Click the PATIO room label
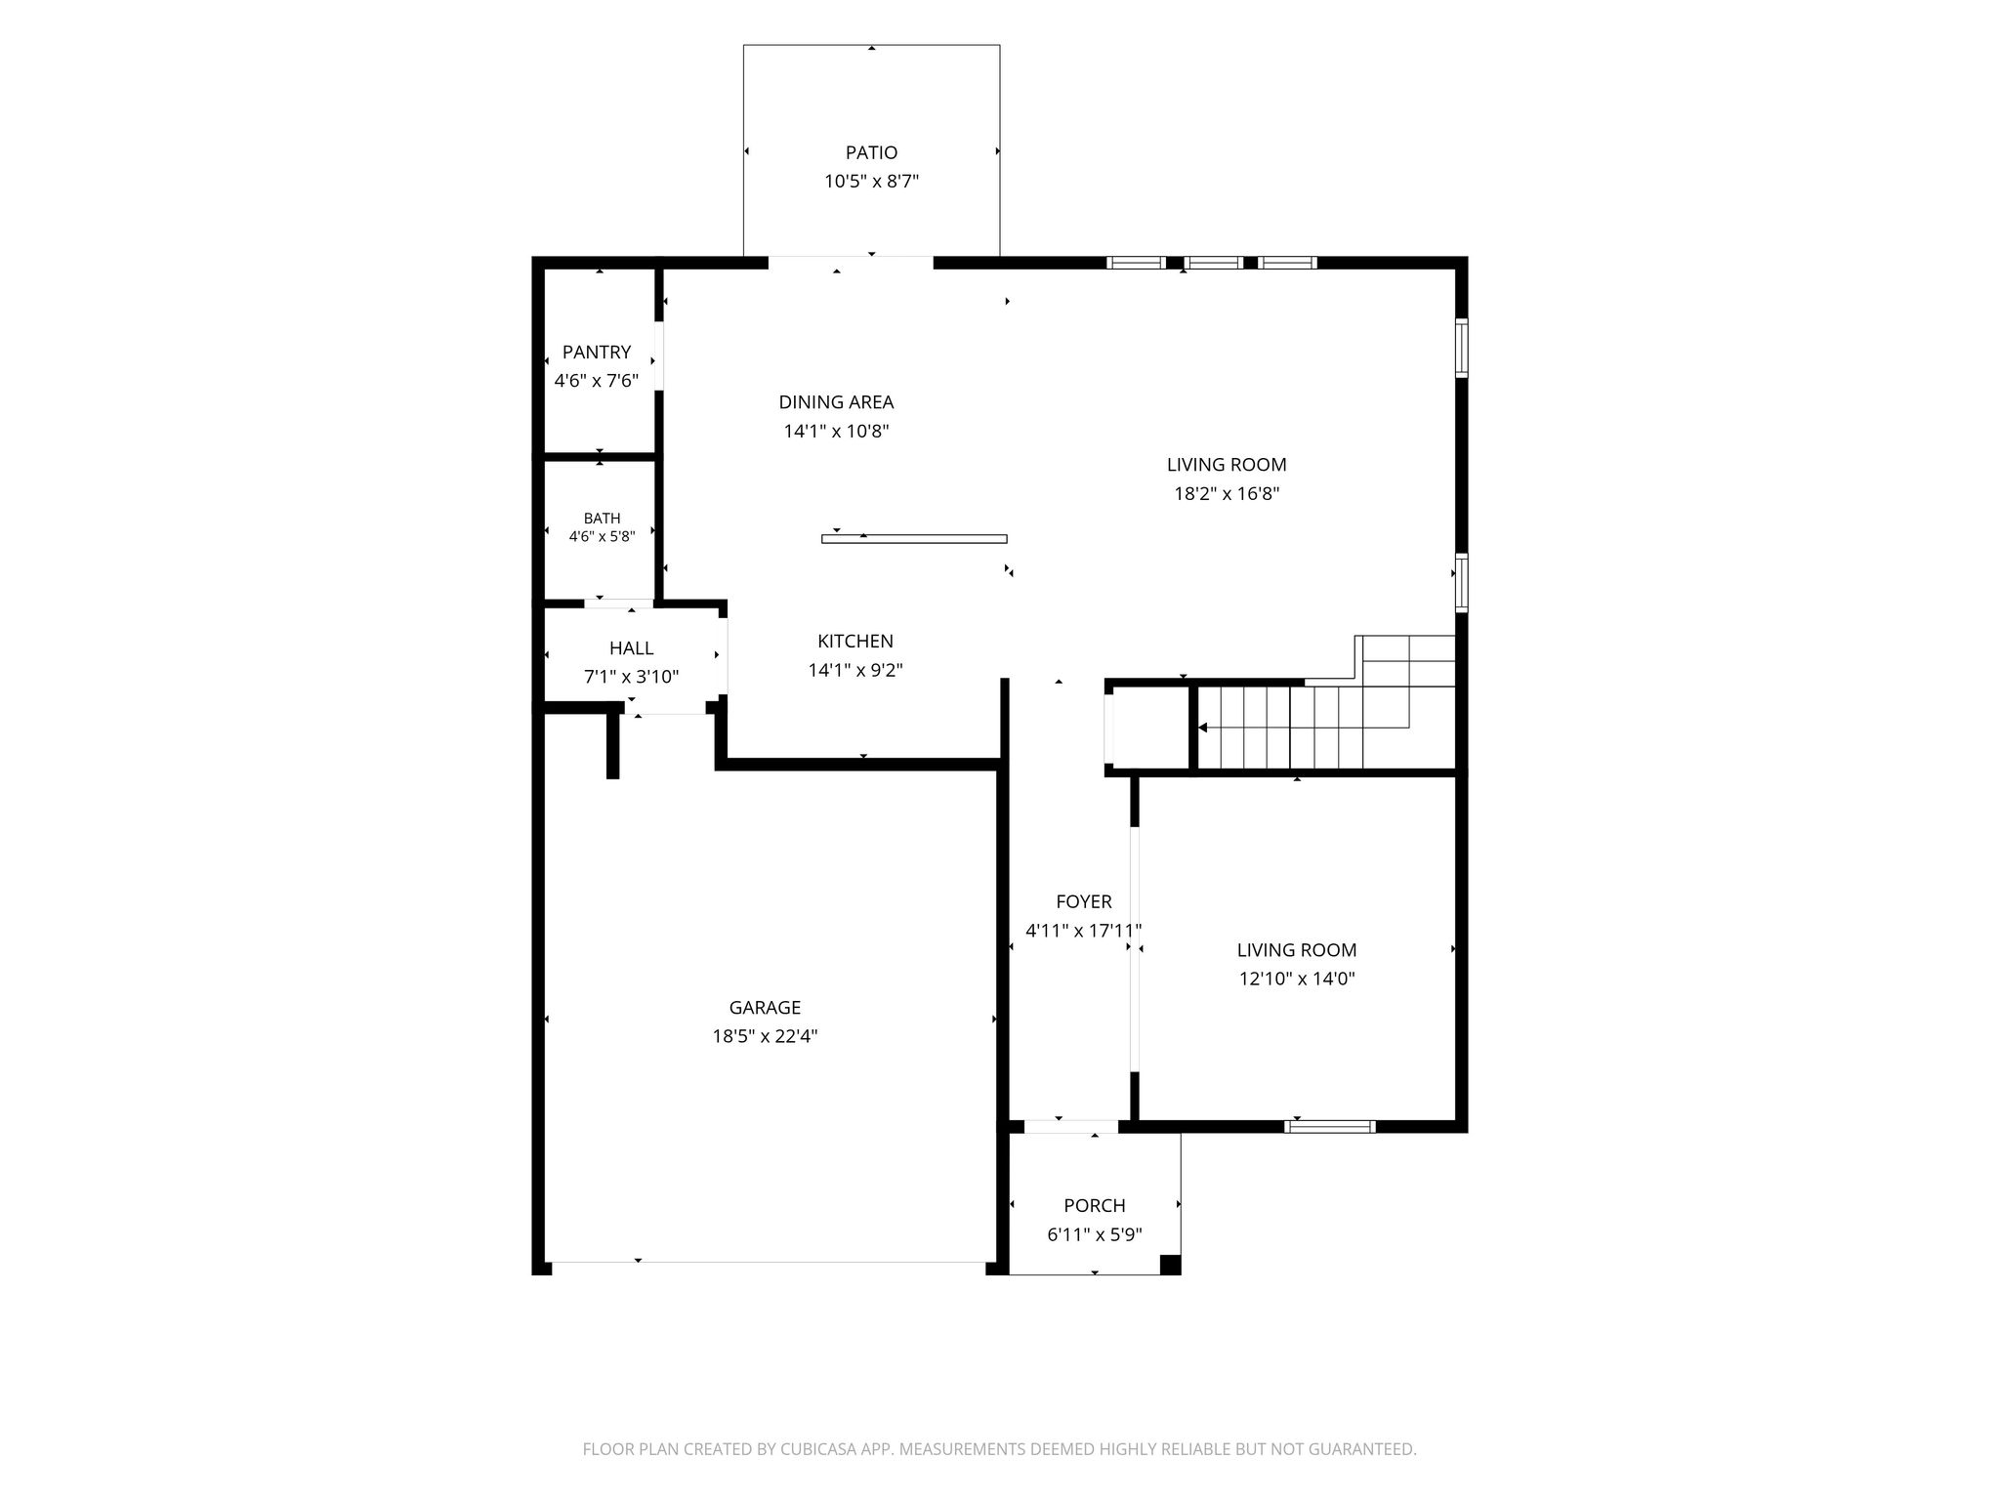[x=871, y=152]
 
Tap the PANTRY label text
[x=597, y=352]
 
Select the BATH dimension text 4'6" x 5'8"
[x=602, y=535]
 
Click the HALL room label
[x=631, y=647]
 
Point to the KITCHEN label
[x=855, y=641]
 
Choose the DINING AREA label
[x=836, y=401]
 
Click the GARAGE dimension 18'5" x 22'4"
[x=765, y=1036]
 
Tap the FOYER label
[x=1083, y=901]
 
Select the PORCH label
[x=1095, y=1205]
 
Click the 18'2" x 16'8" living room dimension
[x=1227, y=493]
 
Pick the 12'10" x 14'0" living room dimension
[x=1297, y=979]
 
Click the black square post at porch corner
[x=1170, y=1265]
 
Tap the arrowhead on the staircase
[x=1203, y=728]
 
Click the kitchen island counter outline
[x=914, y=538]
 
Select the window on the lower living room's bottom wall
[x=1330, y=1126]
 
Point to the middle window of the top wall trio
[x=1214, y=262]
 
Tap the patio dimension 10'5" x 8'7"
[x=871, y=181]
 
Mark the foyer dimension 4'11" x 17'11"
[x=1083, y=931]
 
